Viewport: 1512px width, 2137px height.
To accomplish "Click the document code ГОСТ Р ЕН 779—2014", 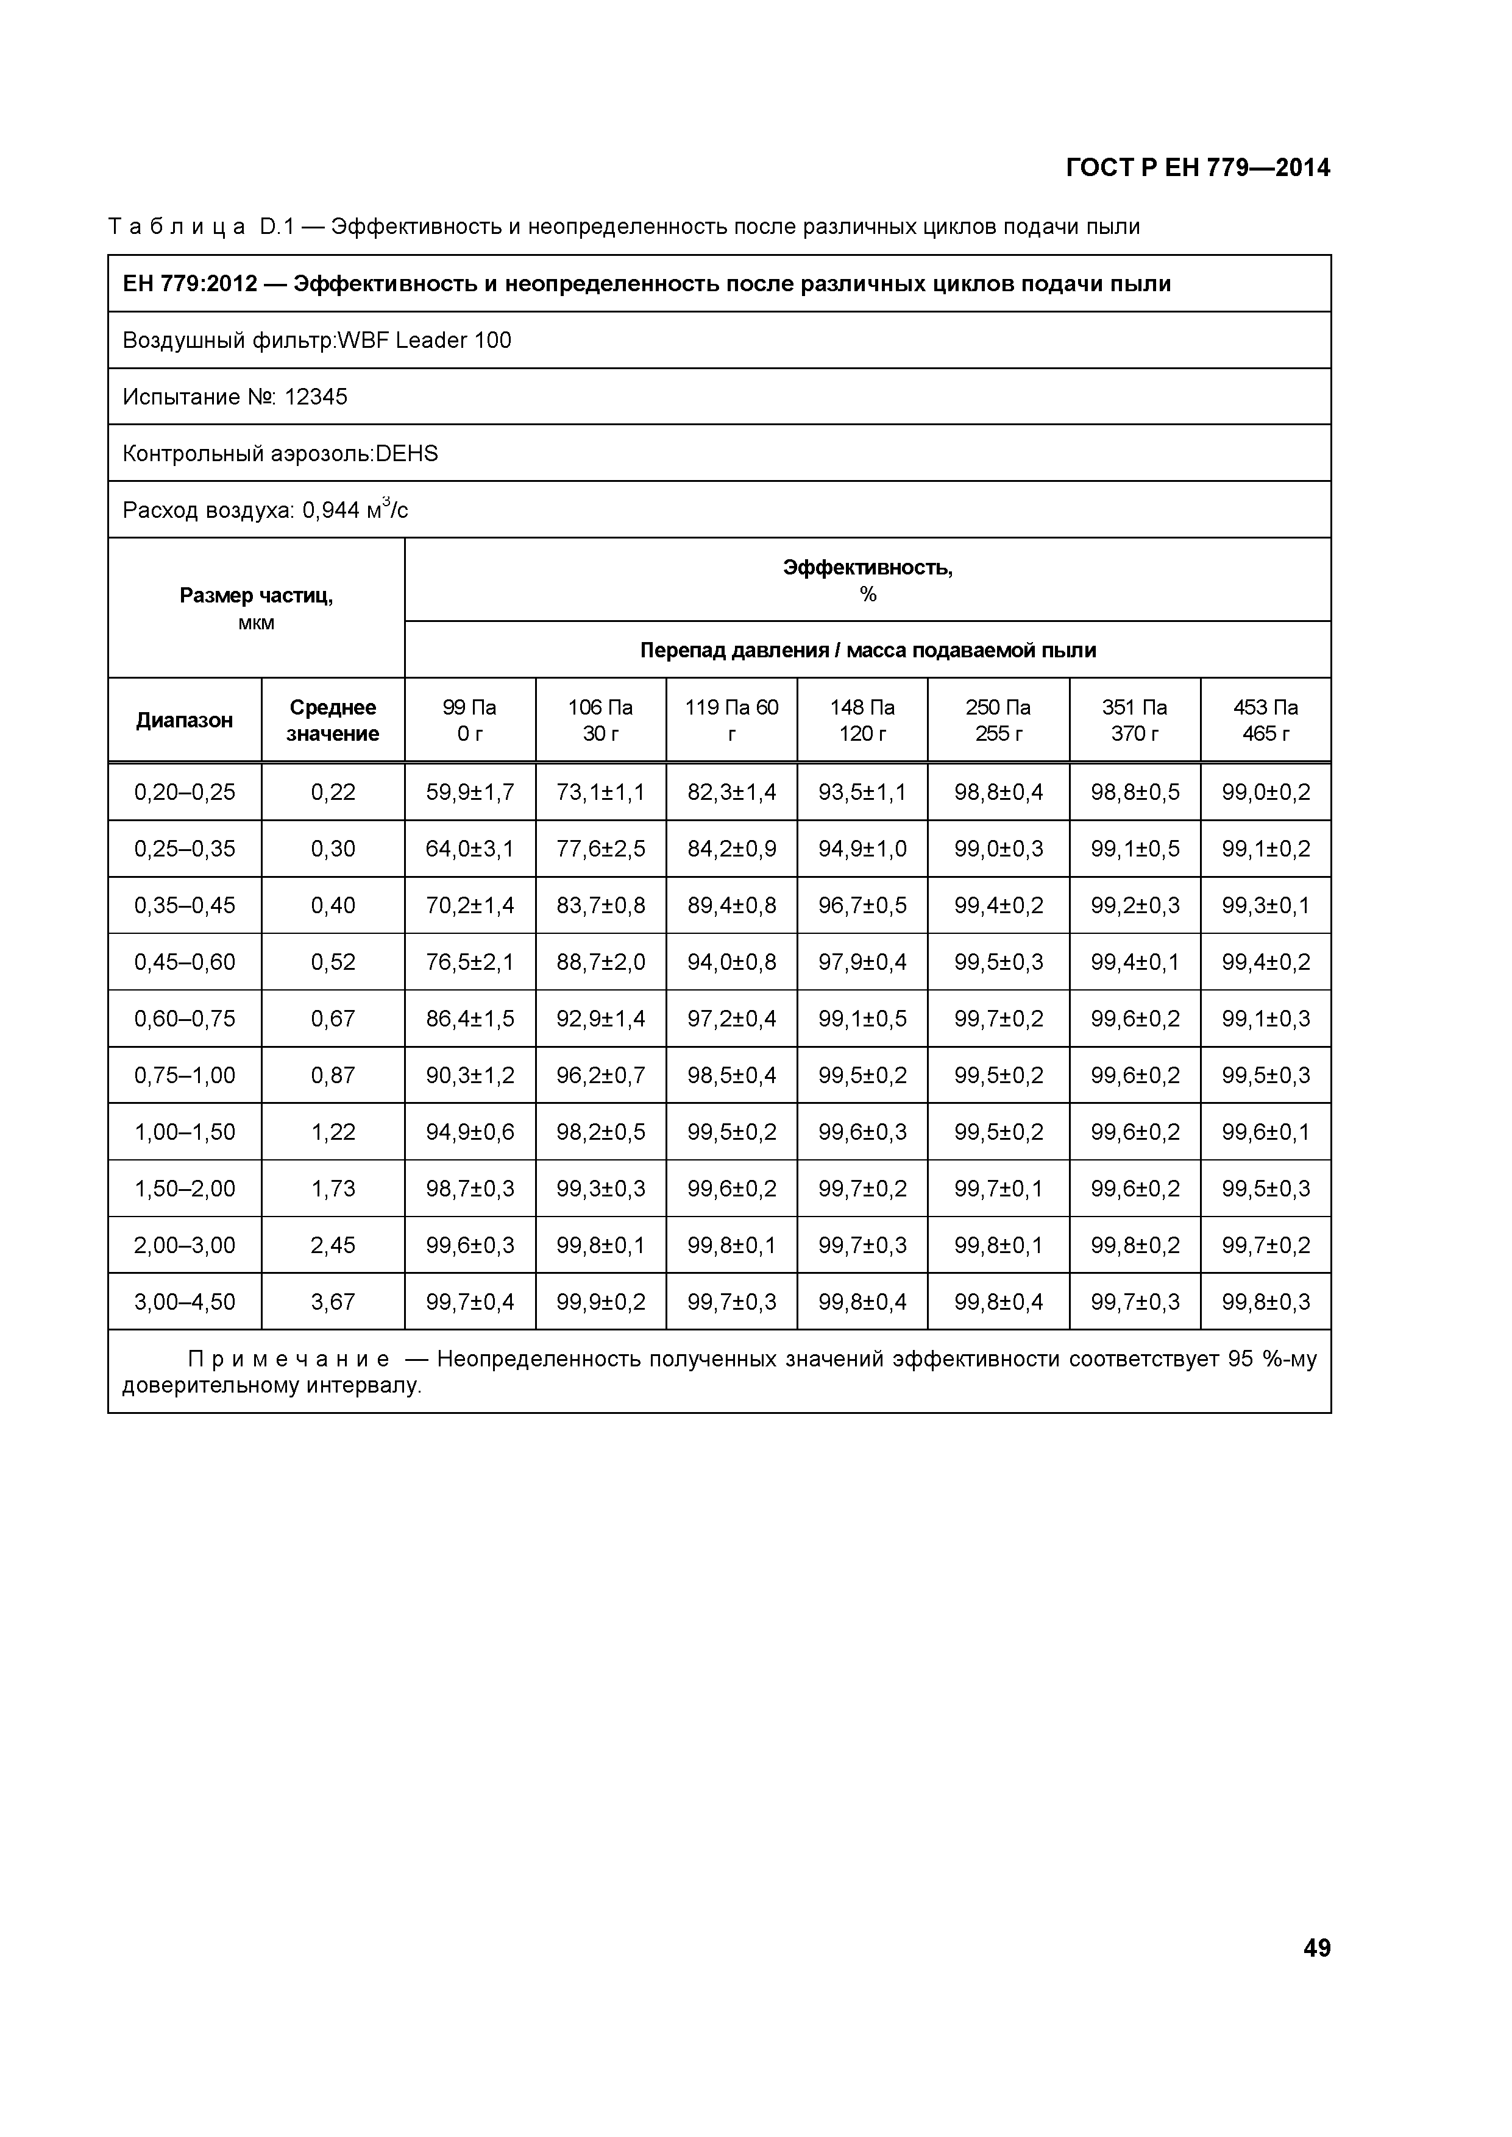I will tap(1198, 168).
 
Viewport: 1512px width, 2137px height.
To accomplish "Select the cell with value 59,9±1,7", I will tap(469, 792).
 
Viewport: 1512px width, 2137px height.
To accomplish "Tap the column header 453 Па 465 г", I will tap(1265, 719).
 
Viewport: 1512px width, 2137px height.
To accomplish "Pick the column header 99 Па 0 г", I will tap(469, 719).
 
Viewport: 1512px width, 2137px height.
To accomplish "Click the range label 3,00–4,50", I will tap(184, 1301).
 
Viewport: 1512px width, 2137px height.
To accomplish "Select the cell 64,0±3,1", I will tap(469, 849).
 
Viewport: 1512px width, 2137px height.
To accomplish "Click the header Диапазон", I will tap(184, 719).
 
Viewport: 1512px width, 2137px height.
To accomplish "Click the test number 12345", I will tap(316, 397).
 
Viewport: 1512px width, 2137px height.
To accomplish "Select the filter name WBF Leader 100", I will tap(425, 341).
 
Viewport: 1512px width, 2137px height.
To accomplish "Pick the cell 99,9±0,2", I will tap(600, 1301).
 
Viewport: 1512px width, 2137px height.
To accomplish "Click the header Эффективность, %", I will tap(868, 580).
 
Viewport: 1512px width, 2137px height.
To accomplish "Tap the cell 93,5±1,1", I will tap(862, 792).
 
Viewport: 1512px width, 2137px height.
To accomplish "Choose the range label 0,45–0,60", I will tap(184, 961).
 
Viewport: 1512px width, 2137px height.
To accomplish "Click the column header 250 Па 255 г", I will tap(998, 719).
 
